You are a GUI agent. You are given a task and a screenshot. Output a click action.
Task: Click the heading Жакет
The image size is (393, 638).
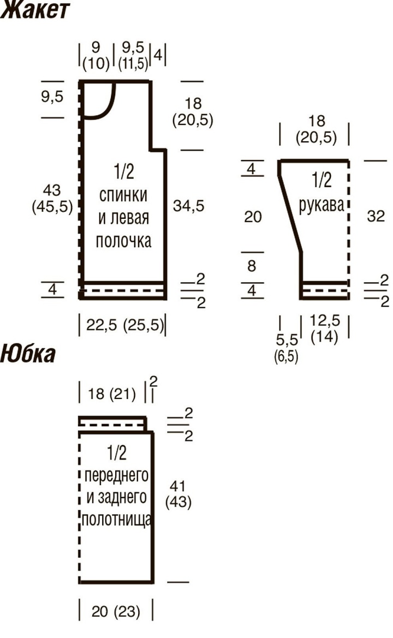point(34,10)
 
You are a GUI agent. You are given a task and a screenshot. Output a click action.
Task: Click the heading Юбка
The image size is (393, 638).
point(28,353)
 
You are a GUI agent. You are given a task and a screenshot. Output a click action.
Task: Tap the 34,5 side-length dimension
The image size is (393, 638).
point(188,206)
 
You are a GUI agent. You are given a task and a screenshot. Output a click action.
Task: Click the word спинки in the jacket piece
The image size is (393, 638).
point(123,195)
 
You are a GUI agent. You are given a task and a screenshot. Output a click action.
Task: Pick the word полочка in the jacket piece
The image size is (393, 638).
point(124,241)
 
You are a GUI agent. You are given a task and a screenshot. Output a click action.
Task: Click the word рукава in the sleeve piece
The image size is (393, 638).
point(321,205)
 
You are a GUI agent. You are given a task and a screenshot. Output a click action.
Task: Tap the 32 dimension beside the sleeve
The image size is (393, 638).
point(376,216)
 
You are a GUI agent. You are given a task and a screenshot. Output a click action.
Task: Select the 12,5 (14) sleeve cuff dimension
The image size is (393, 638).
point(325,329)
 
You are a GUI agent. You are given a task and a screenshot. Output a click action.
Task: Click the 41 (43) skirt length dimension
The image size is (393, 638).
point(178,493)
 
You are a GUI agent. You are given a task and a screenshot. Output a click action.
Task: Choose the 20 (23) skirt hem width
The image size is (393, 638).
point(116,612)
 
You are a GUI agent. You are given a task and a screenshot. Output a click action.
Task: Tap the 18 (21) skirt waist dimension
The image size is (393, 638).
point(112,394)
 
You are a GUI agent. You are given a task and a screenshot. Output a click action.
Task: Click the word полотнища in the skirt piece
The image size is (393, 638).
point(117,520)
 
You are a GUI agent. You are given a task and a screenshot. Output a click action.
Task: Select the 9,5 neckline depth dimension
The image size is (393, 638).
point(52,97)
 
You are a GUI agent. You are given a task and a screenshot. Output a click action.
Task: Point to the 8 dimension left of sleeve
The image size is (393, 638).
point(252,266)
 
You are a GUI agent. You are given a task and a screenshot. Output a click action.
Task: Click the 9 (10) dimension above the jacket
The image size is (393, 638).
point(96,56)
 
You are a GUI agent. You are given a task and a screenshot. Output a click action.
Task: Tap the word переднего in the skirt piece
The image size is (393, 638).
point(117,475)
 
